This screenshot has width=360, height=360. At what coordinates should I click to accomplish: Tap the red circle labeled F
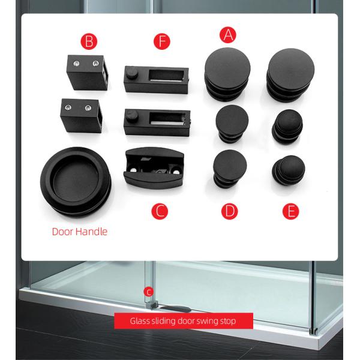[x=161, y=41]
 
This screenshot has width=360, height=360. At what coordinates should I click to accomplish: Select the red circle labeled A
[x=226, y=34]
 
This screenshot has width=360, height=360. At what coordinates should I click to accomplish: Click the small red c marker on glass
[x=148, y=292]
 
